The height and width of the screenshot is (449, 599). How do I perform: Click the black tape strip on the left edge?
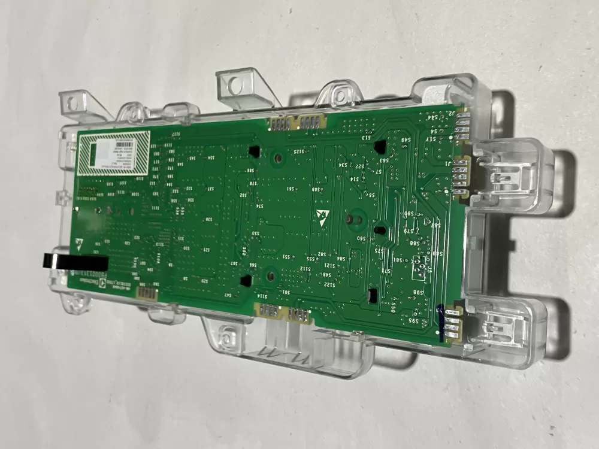tap(74, 261)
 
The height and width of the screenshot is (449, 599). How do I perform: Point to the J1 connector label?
tap(449, 163)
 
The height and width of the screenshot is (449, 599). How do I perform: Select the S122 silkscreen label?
tap(330, 285)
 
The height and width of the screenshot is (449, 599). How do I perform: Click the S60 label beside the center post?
tap(361, 238)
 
